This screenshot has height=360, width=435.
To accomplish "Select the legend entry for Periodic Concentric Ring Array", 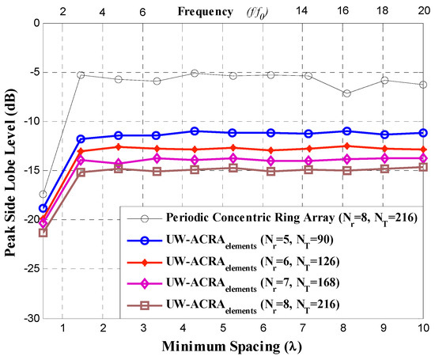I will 278,217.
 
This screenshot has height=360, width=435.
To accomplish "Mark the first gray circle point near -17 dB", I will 43,194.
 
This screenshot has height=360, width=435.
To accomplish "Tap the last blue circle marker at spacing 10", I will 423,133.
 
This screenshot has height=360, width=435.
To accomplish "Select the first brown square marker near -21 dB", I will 43,233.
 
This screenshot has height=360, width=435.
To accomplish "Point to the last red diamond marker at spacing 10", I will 423,150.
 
